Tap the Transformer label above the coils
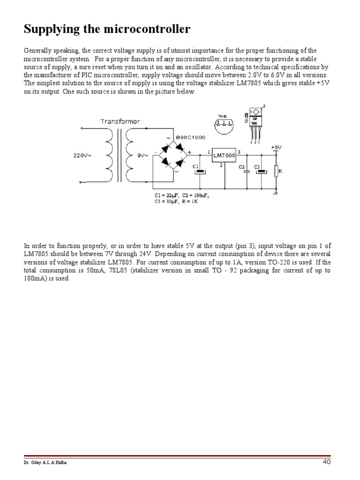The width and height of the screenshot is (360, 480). click(120, 121)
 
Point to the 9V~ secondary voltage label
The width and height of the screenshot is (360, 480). click(142, 155)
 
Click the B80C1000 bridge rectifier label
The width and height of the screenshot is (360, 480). click(190, 137)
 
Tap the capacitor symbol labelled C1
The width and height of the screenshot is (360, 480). click(201, 172)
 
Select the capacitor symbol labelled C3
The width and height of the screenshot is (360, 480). click(261, 172)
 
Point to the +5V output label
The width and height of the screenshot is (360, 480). click(276, 147)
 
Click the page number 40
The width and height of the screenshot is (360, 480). click(327, 462)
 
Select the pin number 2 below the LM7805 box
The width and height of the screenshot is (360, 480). click(220, 165)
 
